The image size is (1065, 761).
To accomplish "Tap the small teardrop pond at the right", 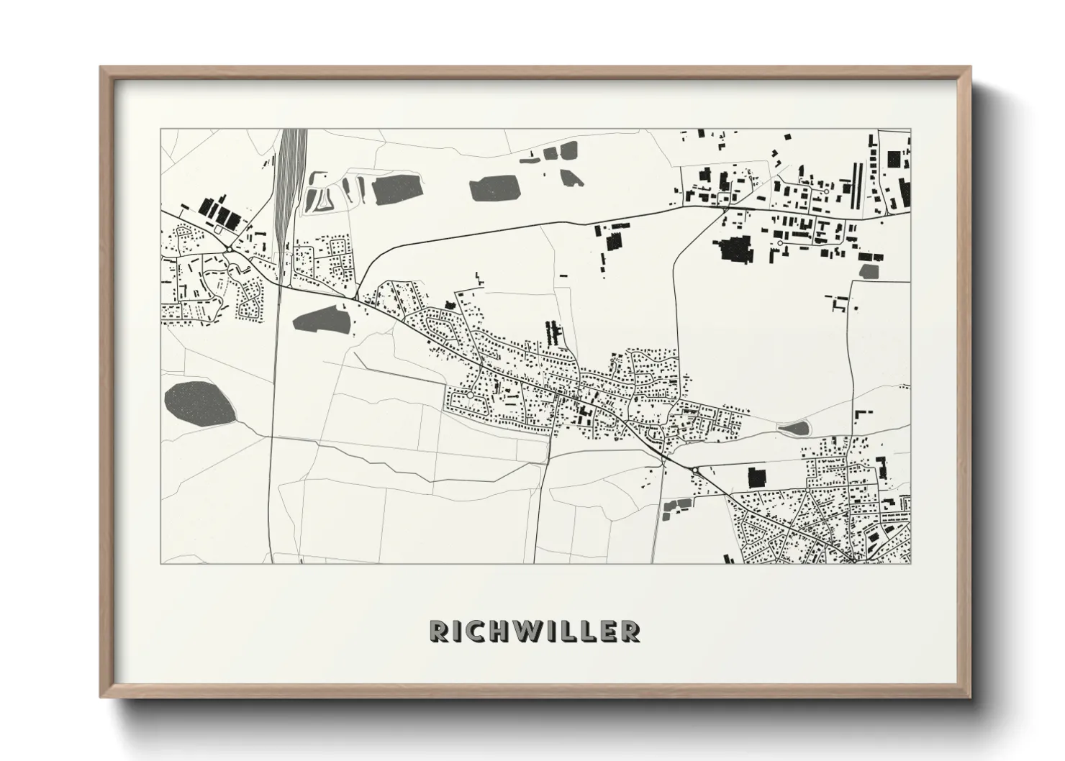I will pyautogui.click(x=793, y=429).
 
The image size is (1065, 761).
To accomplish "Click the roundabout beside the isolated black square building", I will pyautogui.click(x=695, y=470).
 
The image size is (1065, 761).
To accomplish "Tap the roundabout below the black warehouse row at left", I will pyautogui.click(x=227, y=250).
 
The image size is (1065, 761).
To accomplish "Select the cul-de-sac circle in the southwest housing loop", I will pyautogui.click(x=470, y=395).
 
